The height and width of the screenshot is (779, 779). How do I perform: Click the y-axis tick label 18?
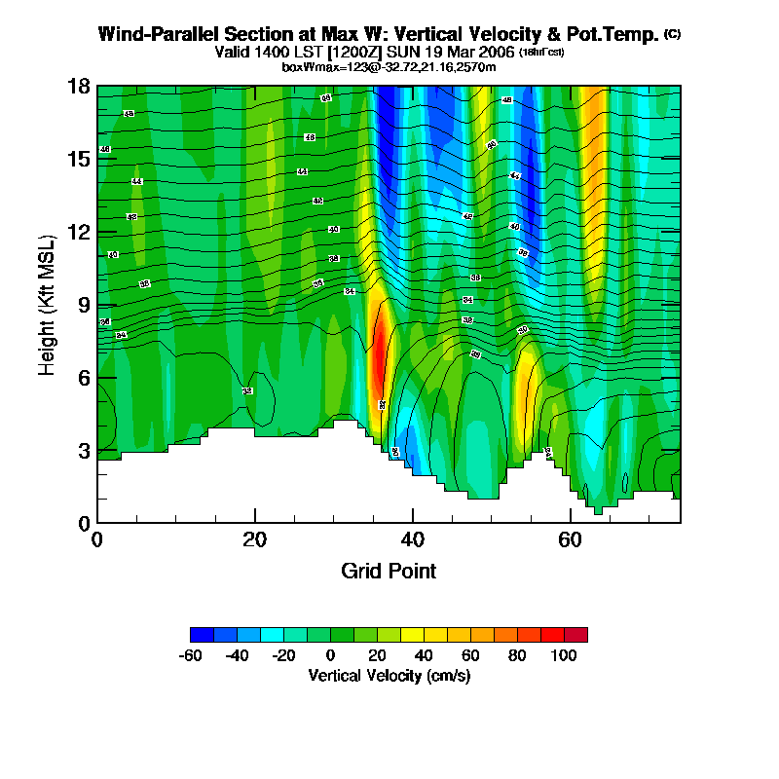[x=78, y=87]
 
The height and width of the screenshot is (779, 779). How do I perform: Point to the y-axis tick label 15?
[x=78, y=159]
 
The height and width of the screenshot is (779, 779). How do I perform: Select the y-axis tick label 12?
[x=78, y=232]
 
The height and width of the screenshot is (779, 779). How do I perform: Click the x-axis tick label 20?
[x=254, y=539]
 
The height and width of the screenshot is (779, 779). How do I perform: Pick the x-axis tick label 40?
[x=412, y=539]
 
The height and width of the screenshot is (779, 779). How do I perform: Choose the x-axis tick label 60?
[x=570, y=539]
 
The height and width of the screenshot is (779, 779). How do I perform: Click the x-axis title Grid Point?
[x=389, y=571]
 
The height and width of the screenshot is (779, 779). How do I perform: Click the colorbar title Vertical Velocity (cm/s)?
[x=389, y=675]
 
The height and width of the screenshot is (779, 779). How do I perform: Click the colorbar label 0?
[x=331, y=654]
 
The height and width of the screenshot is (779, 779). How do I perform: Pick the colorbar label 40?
[x=425, y=654]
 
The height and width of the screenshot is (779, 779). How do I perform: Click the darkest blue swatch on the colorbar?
[x=202, y=635]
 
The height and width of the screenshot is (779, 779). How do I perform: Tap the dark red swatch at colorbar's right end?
[x=575, y=635]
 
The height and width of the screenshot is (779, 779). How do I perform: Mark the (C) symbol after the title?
[x=672, y=34]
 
